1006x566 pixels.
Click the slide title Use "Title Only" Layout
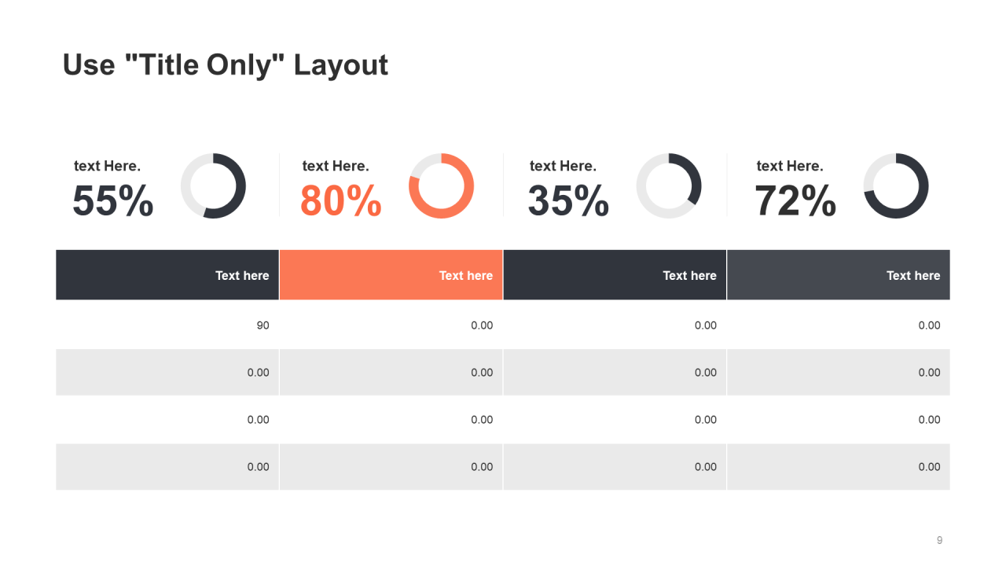pos(225,65)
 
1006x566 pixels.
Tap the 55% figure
pos(112,201)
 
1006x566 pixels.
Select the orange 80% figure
pos(340,201)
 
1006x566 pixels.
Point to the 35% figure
pos(567,201)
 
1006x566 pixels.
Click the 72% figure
pos(795,201)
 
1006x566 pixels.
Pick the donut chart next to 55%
pos(213,186)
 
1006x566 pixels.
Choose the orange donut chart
pos(441,186)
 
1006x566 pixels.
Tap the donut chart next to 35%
pos(668,186)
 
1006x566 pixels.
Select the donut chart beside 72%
pos(896,186)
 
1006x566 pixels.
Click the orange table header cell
pos(391,275)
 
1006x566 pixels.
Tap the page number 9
pos(939,540)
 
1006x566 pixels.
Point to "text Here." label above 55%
pos(107,166)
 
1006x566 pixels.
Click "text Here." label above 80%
pos(335,166)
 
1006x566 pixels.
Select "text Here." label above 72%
pos(789,166)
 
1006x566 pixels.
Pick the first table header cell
pos(167,275)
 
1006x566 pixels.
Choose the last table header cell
pos(838,275)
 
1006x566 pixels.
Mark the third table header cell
pos(615,275)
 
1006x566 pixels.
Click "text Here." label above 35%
pos(563,166)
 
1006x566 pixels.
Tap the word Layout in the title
pos(340,65)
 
